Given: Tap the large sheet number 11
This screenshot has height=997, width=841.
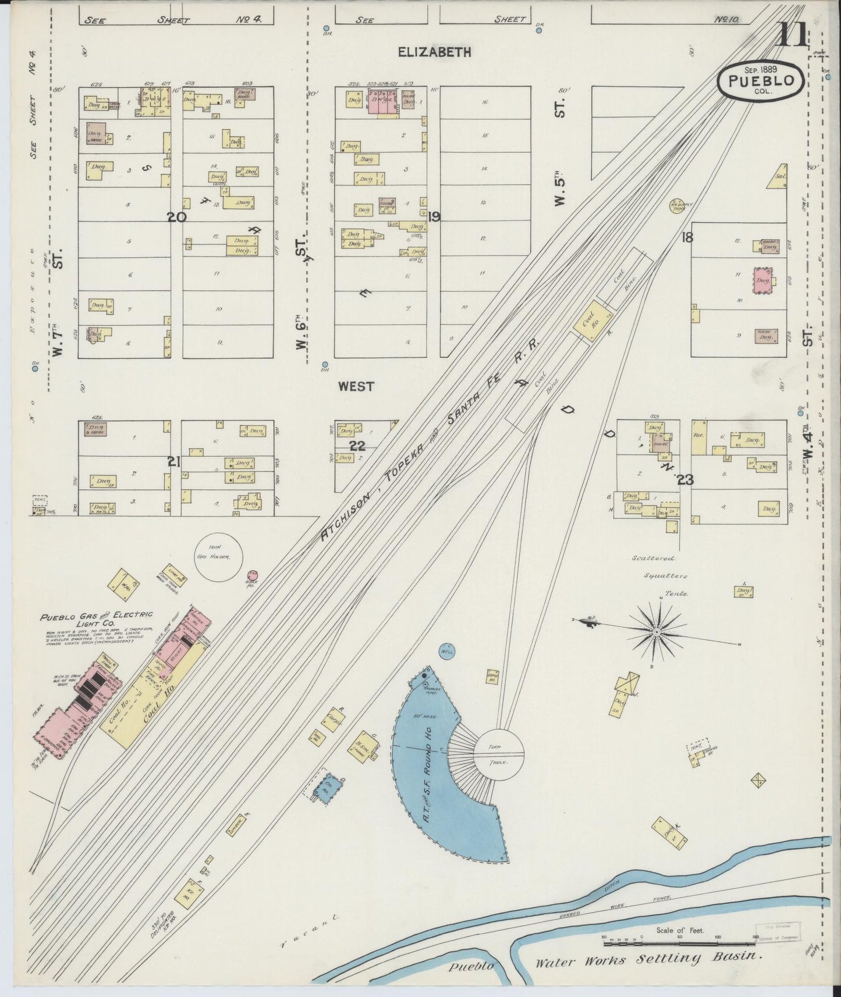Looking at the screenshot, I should tap(793, 36).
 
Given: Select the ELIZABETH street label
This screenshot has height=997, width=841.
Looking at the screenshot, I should tap(434, 52).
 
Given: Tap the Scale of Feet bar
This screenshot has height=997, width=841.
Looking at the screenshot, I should tap(679, 938).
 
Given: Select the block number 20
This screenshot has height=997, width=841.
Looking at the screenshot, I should tap(176, 217).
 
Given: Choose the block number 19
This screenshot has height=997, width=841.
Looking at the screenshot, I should tap(434, 217).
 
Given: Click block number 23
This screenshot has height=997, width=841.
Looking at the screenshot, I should tap(685, 480).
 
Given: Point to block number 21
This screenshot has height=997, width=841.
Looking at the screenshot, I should tap(173, 462).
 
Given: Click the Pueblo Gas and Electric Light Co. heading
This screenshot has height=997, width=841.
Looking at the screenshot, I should tap(96, 618).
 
